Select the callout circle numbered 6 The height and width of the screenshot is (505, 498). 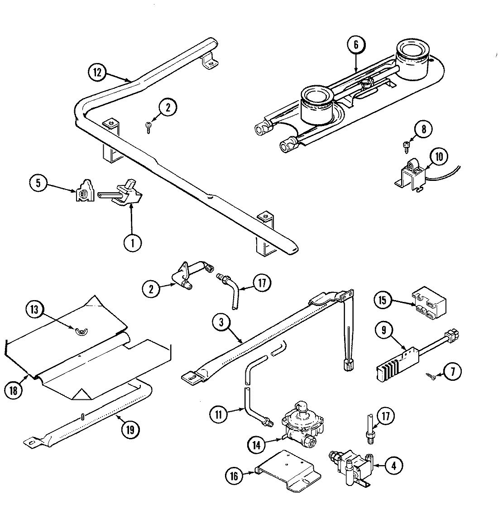click(356, 44)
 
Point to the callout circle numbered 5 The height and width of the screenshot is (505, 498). click(38, 184)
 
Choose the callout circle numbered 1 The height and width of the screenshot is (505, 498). click(133, 243)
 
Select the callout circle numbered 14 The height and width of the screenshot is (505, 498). click(257, 445)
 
